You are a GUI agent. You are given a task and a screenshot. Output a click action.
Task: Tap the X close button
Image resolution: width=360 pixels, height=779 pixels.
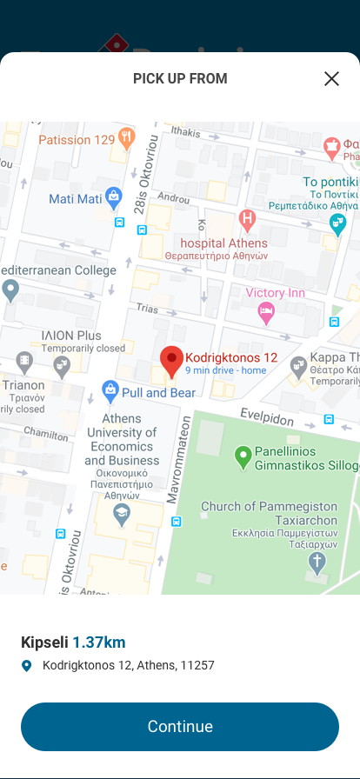coord(331,79)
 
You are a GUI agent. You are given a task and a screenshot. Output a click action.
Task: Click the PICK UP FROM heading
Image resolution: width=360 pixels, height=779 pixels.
coord(180,79)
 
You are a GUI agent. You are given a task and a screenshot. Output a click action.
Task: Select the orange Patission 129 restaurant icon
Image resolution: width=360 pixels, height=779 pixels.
coord(127,138)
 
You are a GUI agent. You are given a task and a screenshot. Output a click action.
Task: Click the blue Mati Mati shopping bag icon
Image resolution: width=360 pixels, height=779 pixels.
coord(113,197)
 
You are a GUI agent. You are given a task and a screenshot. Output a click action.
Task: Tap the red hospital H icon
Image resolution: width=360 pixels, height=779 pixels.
coord(248,218)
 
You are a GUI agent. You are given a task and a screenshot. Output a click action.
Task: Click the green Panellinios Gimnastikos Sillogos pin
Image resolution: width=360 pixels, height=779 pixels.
coord(243,455)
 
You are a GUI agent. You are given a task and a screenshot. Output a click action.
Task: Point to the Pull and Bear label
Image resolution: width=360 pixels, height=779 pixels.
coord(157,393)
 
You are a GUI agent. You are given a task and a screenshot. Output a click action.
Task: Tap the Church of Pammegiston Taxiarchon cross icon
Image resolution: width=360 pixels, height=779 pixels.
coord(317,562)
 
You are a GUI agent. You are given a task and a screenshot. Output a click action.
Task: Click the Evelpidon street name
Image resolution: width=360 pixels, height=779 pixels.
coord(269,416)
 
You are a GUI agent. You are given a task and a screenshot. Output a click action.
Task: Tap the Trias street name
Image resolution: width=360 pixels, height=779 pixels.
coord(146,309)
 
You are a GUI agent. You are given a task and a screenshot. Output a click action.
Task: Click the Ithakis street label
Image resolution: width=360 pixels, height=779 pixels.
coord(185,131)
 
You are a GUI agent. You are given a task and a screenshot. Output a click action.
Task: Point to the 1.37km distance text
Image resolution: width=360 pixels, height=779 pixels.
coord(99,643)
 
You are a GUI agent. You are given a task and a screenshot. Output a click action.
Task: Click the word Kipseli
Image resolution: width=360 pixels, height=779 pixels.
coord(44,643)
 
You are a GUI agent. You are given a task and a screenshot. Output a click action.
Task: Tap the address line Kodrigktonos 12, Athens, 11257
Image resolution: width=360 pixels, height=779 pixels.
coord(128,666)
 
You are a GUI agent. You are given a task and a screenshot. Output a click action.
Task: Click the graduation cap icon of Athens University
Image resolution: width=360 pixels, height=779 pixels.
coord(122,514)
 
